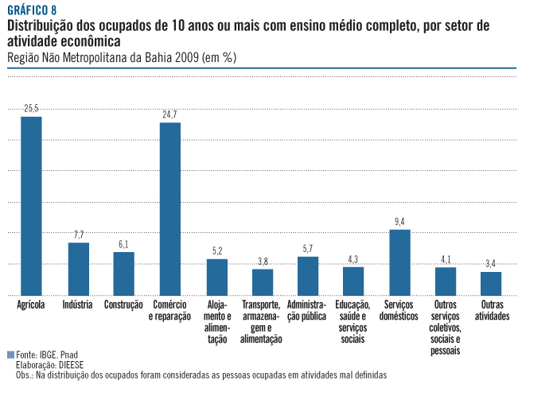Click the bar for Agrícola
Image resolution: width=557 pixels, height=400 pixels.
31,206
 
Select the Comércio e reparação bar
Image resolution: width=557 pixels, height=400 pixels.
170,209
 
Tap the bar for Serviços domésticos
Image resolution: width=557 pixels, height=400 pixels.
399,262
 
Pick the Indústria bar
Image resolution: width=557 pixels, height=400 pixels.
79,269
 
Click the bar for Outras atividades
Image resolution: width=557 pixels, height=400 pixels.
491,283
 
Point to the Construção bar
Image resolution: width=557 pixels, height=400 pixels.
123,274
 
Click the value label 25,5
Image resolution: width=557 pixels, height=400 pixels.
31,107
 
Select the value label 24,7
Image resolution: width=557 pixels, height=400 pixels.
169,115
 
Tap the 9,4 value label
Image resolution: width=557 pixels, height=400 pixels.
399,221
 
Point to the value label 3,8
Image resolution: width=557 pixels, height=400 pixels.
262,261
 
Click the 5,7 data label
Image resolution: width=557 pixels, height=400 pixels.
308,248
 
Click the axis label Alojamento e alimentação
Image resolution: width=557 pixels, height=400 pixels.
216,322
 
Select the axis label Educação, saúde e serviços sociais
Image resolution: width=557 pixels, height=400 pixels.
353,322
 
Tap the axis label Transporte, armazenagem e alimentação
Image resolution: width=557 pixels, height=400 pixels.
262,322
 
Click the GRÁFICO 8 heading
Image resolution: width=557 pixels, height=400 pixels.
32,10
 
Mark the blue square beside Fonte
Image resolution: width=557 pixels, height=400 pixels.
10,355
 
